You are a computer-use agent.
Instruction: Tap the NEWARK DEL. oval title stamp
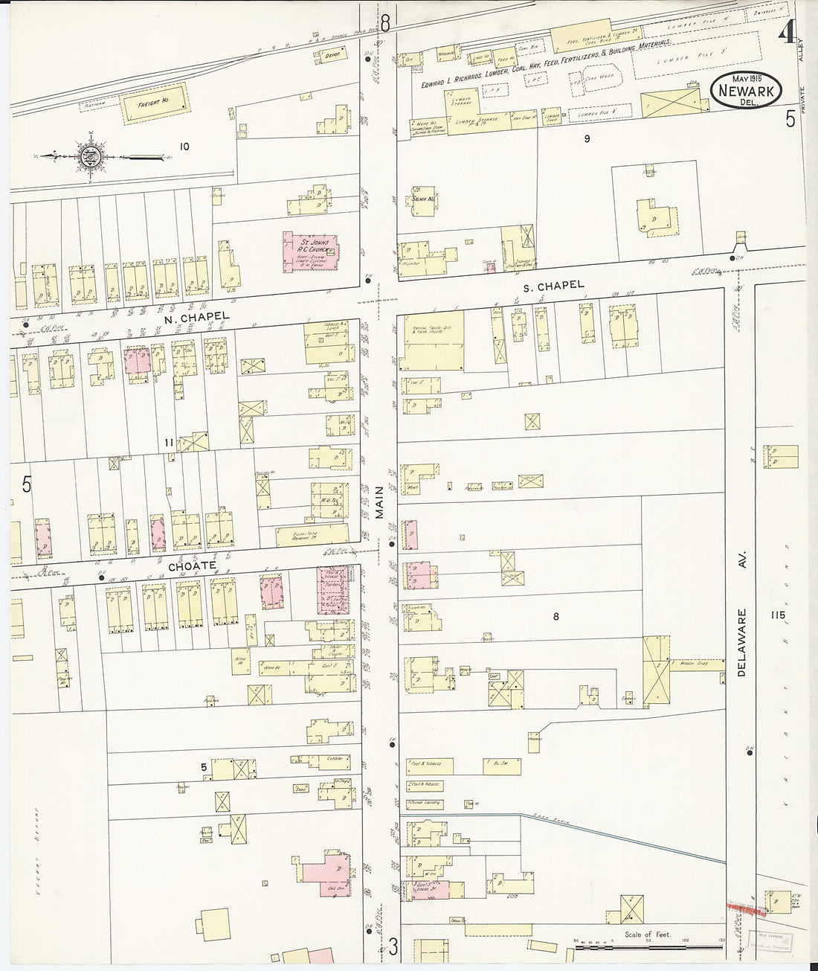click(744, 92)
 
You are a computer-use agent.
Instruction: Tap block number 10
click(184, 147)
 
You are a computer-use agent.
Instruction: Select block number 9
click(587, 138)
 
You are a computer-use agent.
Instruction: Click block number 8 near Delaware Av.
click(555, 615)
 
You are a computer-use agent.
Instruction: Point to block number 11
click(169, 443)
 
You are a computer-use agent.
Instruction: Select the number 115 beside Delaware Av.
click(779, 615)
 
